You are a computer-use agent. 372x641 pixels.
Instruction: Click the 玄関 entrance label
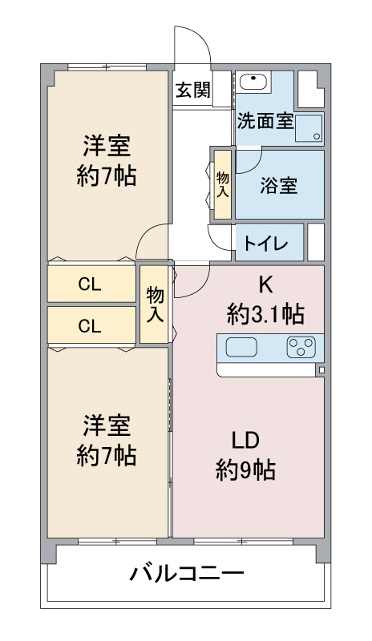pos(192,90)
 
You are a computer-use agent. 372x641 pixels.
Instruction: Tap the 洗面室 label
pos(265,123)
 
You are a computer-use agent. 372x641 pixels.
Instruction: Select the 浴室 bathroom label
pos(279,185)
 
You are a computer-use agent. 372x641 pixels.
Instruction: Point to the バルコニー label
pos(186,574)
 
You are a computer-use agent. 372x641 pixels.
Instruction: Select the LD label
pos(246,441)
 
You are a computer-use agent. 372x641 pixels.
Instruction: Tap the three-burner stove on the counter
pos(301,347)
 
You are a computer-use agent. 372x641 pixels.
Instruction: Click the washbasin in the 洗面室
pos(253,82)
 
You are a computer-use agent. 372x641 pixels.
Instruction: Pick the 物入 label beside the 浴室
pos(222,183)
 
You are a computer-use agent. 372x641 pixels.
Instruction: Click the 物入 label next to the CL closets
pos(155,304)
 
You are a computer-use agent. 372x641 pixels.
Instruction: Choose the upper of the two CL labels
pos(90,284)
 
